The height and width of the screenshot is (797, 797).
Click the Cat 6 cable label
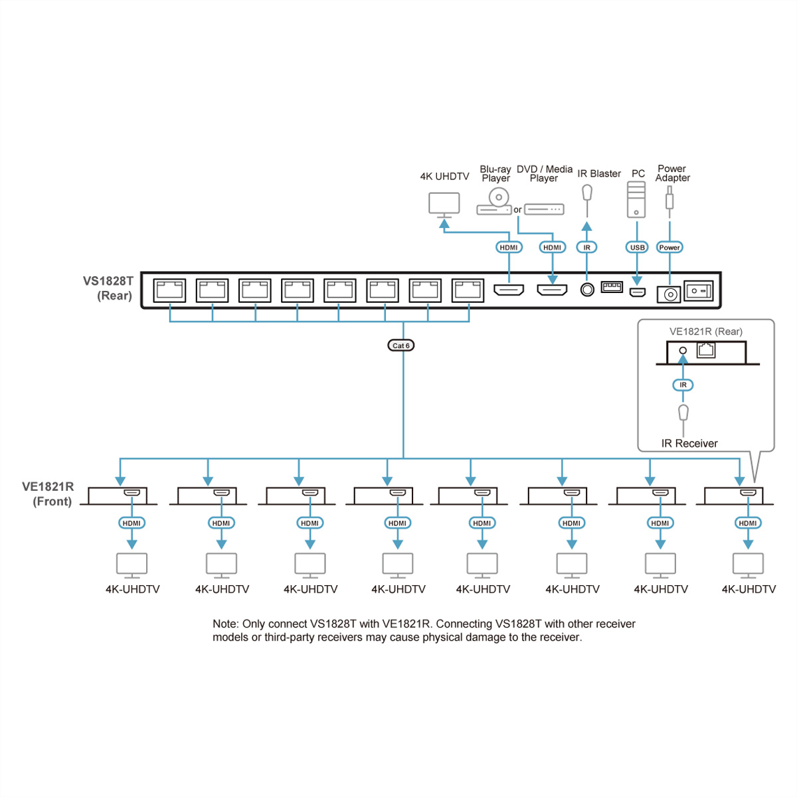[x=400, y=345]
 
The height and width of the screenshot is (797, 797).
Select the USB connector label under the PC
[x=637, y=247]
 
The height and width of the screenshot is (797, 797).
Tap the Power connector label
[x=669, y=247]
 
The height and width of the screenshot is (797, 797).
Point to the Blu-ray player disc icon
[x=498, y=198]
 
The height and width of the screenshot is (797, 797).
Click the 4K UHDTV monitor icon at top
[x=444, y=204]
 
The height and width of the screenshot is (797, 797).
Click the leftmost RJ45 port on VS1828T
[x=169, y=290]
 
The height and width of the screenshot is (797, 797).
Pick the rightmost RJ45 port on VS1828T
[x=468, y=290]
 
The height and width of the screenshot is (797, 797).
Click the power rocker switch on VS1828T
[x=699, y=291]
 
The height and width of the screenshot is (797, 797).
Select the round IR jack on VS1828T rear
[x=587, y=290]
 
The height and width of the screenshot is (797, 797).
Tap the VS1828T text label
[x=108, y=281]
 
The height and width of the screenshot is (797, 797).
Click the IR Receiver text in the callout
[x=689, y=443]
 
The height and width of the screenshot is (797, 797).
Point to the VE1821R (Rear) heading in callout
[x=705, y=331]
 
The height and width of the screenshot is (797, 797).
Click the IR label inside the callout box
[x=683, y=385]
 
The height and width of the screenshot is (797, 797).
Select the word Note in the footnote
[x=225, y=624]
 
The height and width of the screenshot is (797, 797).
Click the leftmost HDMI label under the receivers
[x=132, y=523]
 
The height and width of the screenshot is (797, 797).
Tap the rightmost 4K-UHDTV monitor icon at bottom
[x=748, y=565]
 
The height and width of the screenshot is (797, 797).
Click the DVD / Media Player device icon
[x=544, y=209]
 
